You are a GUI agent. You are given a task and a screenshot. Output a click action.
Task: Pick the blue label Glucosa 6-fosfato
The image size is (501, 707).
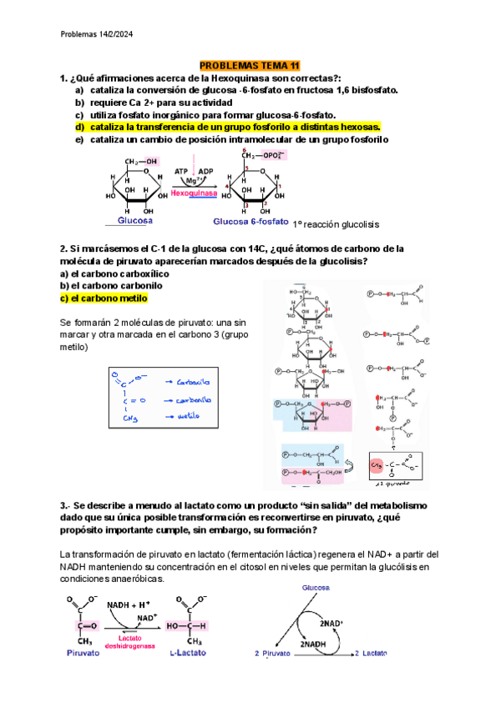(x=251, y=222)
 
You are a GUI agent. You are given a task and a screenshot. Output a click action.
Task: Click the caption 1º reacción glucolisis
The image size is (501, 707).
(x=337, y=224)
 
